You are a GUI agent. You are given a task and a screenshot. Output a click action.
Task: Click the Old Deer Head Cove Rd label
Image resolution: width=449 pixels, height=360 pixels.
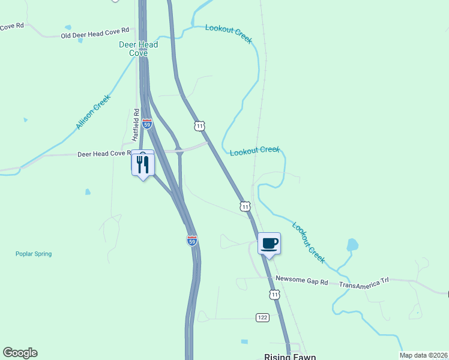[x=95, y=33]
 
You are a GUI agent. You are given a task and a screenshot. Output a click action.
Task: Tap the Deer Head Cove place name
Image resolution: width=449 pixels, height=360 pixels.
[x=138, y=49]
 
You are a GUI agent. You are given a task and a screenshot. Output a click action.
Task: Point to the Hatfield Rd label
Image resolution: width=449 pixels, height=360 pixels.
[x=136, y=124]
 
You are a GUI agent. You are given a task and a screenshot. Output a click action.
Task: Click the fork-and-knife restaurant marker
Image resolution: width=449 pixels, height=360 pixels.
[x=143, y=164]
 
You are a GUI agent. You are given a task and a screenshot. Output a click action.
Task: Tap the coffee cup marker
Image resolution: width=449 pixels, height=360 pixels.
[x=269, y=244]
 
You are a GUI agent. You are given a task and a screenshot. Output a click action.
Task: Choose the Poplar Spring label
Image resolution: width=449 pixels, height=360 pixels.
[x=34, y=254]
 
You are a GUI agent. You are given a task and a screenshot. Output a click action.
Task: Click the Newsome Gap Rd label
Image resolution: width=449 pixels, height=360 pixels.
[x=302, y=281]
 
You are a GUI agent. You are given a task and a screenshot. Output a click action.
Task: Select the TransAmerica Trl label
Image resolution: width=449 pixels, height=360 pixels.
[x=364, y=281]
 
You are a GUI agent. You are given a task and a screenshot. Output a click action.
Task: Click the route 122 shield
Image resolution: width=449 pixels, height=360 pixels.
[x=262, y=317]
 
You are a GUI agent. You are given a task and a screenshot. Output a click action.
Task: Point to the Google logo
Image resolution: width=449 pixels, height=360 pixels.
[x=20, y=353]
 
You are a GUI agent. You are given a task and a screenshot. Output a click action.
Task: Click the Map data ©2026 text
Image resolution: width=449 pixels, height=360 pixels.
[x=424, y=355]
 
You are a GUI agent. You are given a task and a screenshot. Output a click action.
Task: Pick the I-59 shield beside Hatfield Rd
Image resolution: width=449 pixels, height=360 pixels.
[x=147, y=123]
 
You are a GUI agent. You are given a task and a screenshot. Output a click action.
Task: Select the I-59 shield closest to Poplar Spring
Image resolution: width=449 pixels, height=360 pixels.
[x=191, y=240]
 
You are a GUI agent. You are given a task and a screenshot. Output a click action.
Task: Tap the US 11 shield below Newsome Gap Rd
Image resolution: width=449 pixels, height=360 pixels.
[x=274, y=295]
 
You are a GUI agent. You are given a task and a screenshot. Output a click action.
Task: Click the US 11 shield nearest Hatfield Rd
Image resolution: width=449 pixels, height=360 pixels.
[x=199, y=125]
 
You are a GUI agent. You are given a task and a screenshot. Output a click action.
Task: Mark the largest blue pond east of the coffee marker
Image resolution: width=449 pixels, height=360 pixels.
[x=352, y=245]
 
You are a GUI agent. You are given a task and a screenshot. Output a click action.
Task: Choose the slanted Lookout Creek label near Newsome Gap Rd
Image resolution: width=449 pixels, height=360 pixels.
[x=309, y=242]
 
